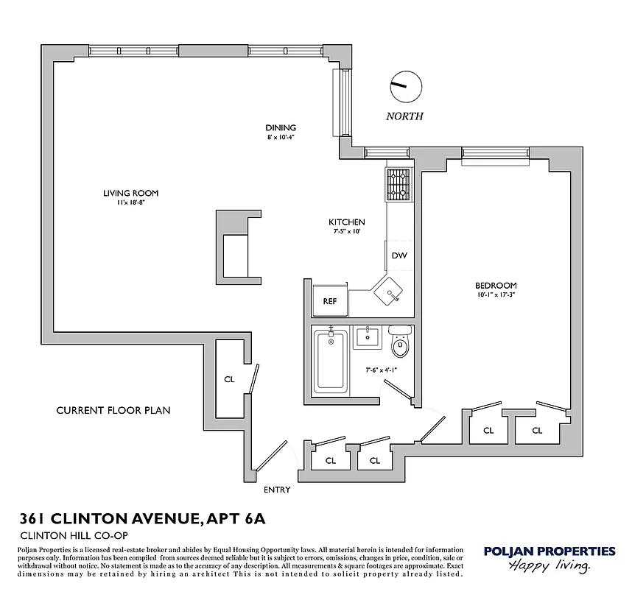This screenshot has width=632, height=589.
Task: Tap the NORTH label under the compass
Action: point(405,116)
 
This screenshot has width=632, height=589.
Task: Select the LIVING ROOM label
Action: point(130,194)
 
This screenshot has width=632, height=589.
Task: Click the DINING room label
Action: point(281,128)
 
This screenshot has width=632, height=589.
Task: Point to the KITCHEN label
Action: point(346,222)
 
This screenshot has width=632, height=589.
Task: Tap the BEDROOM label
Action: point(495,286)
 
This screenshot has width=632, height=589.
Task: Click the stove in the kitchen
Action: point(398,184)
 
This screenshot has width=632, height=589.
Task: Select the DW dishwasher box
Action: point(398,256)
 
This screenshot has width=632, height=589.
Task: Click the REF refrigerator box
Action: point(330,301)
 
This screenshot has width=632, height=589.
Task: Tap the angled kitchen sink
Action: point(390,292)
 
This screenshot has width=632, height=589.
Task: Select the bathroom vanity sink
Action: point(365,337)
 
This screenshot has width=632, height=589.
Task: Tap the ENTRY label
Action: point(277,490)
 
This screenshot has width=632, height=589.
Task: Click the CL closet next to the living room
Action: point(229,379)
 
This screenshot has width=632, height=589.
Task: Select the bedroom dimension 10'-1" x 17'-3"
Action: point(495,296)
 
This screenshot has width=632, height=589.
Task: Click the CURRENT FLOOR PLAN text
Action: point(113,410)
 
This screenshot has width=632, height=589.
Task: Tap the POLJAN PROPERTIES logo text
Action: point(549,551)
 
